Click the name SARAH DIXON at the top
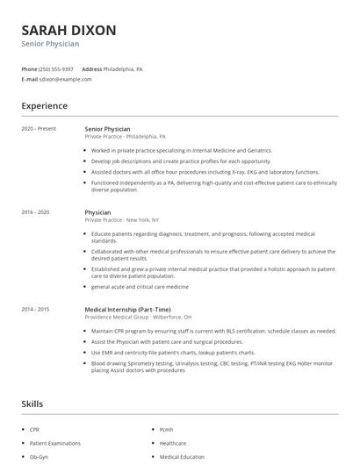point(68,30)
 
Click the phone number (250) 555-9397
point(57,68)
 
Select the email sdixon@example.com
point(65,79)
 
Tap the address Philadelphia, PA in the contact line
point(124,68)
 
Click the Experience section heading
point(44,106)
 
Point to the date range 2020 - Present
point(39,129)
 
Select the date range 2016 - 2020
point(36,212)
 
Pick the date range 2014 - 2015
point(36,309)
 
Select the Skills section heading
point(32,404)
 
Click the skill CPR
point(36,430)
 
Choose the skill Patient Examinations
point(55,443)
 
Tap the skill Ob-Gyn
point(39,456)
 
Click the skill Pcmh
point(167,430)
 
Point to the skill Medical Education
point(181,456)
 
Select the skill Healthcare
point(173,443)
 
